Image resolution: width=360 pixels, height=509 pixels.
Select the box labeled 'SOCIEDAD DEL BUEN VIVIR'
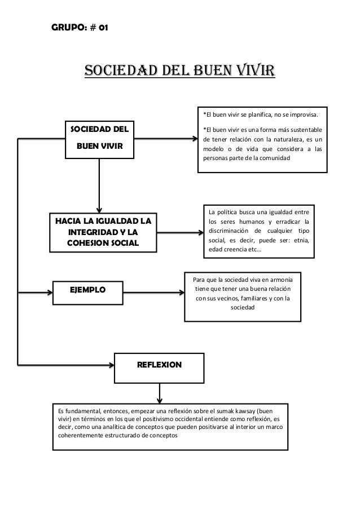[99, 138]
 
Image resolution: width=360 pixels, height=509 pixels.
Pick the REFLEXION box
[160, 365]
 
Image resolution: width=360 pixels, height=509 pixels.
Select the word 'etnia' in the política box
[305, 241]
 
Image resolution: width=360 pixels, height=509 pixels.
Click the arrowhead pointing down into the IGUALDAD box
[100, 209]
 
